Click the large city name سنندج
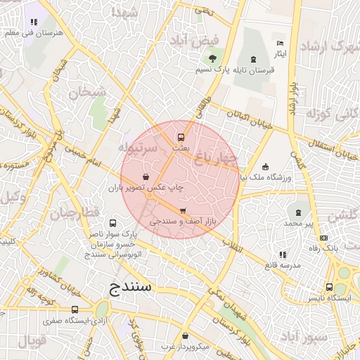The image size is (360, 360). pyautogui.click(x=136, y=288)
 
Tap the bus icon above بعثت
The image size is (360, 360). pyautogui.click(x=181, y=137)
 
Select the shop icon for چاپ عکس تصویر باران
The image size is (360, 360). pyautogui.click(x=146, y=177)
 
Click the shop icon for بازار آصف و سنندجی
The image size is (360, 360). pyautogui.click(x=183, y=210)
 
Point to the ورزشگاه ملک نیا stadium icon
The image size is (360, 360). pyautogui.click(x=265, y=167)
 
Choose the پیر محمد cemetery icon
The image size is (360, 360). pyautogui.click(x=299, y=212)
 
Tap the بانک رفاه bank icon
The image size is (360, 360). pyautogui.click(x=324, y=236)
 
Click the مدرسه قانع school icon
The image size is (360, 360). pyautogui.click(x=282, y=254)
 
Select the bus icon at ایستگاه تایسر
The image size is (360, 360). pyautogui.click(x=329, y=287)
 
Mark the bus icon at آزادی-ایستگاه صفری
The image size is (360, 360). pyautogui.click(x=75, y=309)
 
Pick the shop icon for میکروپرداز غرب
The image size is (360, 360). pyautogui.click(x=185, y=336)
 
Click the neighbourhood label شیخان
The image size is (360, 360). pyautogui.click(x=87, y=91)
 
